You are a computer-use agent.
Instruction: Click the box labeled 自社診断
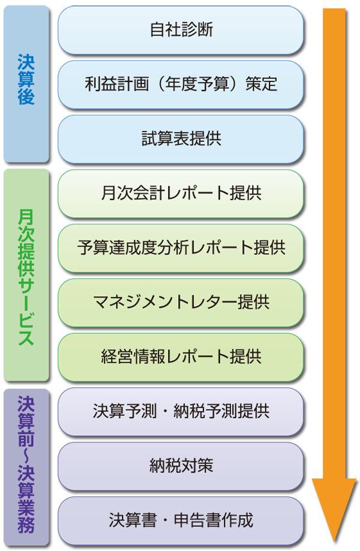click(x=181, y=29)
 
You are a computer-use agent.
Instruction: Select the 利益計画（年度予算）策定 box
click(x=181, y=84)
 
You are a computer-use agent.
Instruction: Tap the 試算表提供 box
click(x=181, y=138)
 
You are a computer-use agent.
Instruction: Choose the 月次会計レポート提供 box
click(x=181, y=193)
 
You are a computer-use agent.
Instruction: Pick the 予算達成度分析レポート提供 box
click(x=181, y=247)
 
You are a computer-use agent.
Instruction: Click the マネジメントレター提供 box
click(x=181, y=302)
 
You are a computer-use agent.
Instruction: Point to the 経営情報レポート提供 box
click(x=181, y=356)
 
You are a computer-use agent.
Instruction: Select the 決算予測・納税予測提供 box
click(x=181, y=411)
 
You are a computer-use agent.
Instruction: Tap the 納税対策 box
click(x=181, y=465)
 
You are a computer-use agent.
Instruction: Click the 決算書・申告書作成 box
click(x=181, y=519)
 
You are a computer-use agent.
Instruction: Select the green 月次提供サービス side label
click(x=26, y=276)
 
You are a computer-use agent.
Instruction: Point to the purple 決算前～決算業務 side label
click(x=26, y=465)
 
